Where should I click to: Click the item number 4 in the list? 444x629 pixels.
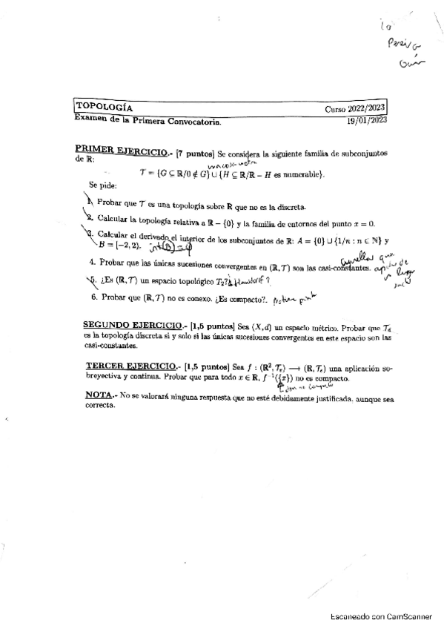click(x=91, y=261)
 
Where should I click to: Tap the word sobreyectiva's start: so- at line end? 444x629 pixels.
click(x=381, y=366)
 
